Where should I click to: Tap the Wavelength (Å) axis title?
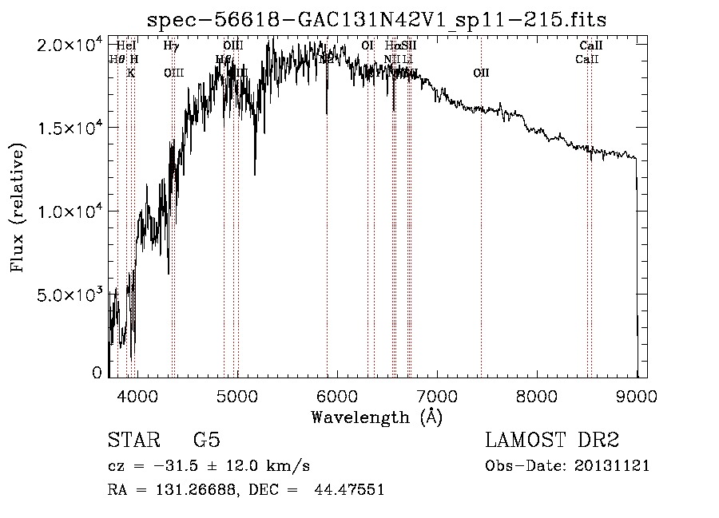(376, 417)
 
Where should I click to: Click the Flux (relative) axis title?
(18, 208)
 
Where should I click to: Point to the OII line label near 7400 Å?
(481, 73)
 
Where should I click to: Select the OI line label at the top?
(367, 45)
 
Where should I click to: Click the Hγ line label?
(171, 45)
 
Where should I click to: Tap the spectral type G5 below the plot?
(207, 441)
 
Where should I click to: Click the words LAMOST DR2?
(552, 441)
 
